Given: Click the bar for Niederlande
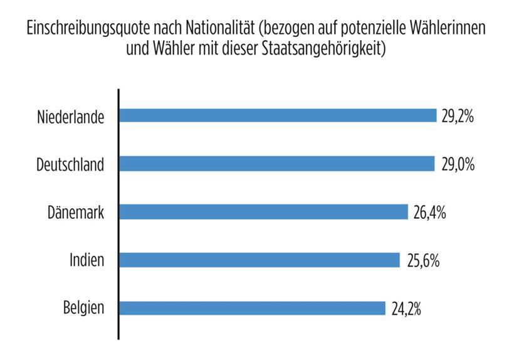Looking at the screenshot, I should tap(278, 115).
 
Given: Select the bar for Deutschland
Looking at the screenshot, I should tap(276, 164).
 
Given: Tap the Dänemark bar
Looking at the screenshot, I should tap(263, 212).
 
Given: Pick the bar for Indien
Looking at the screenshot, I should tap(260, 260).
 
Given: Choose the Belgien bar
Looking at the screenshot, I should tap(252, 308).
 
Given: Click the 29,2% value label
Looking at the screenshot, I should tap(458, 116).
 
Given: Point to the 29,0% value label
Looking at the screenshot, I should tap(457, 164).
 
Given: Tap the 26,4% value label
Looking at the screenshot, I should tap(429, 213).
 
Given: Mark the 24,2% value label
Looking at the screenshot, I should tap(407, 309).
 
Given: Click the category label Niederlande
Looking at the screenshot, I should tap(70, 117).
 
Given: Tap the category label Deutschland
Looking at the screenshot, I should tap(70, 165).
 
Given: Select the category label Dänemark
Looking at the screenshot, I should tap(76, 213).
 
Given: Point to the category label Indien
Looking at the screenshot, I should tap(87, 260).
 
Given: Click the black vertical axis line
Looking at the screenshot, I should tap(118, 213).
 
